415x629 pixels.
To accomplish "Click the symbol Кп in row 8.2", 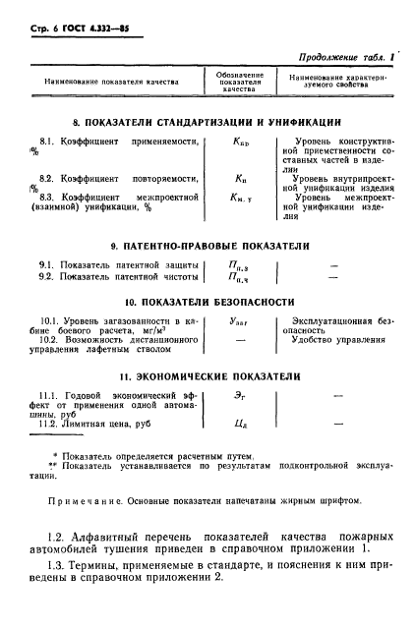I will (238, 179).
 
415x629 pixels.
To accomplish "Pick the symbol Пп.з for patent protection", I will (238, 265).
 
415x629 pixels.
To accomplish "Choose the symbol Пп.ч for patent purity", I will (238, 278).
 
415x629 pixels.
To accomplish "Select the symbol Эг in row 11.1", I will (238, 396).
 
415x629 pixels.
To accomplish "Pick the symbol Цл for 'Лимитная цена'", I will (238, 426).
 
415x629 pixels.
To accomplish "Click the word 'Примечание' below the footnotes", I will (84, 500).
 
